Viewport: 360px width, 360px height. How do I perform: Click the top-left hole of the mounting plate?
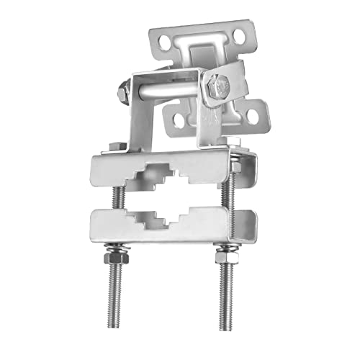166,43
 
